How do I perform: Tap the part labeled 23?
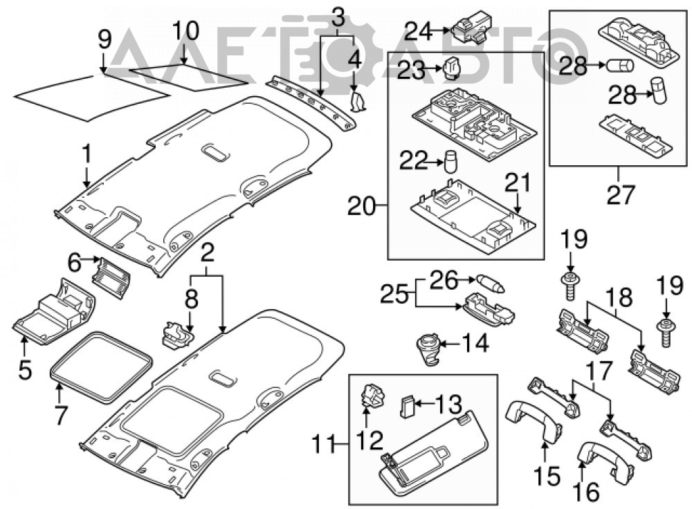coord(450,68)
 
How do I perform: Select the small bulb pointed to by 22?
coord(450,163)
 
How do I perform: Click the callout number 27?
coord(620,194)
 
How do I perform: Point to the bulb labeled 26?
coord(490,282)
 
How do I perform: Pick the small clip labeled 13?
coord(406,406)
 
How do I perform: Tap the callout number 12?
coord(370,439)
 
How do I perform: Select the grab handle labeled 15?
coord(533,420)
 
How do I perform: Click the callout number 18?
coord(619,299)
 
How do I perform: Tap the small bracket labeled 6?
coord(111,278)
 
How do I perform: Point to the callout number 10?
coord(185,31)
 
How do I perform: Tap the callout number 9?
coord(104,41)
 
